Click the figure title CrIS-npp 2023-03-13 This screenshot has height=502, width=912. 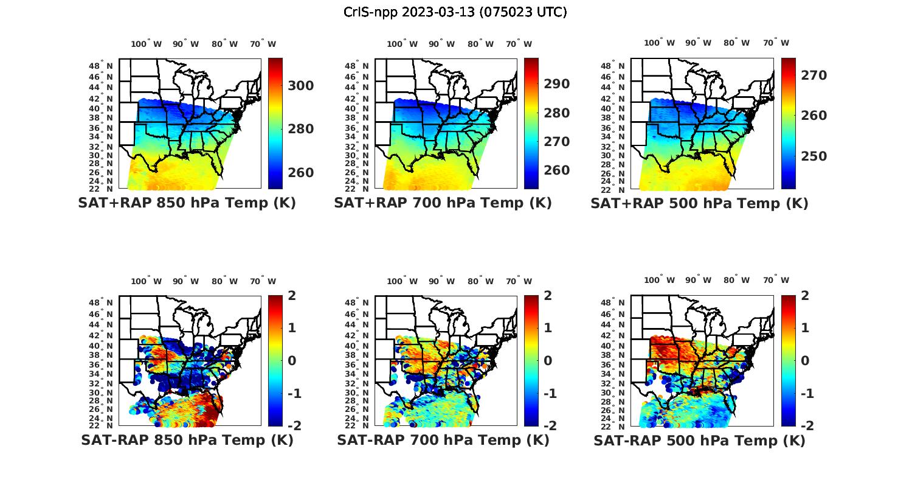point(455,12)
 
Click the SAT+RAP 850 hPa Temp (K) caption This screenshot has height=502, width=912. point(187,203)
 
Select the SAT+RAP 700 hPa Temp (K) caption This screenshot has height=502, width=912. point(443,203)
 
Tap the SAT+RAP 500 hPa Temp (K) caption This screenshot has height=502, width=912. point(699,203)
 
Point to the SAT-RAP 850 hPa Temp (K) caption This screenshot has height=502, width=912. point(187,440)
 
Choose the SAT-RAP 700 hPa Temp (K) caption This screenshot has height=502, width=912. point(443,440)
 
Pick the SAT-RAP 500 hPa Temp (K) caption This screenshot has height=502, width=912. point(699,440)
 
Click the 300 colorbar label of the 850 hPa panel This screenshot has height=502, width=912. point(301,86)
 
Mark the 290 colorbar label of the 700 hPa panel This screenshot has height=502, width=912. point(557,84)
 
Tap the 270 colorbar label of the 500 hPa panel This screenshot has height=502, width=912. point(814,75)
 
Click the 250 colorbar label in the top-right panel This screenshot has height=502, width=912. point(814,156)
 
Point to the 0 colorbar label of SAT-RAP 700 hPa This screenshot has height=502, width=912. point(548,360)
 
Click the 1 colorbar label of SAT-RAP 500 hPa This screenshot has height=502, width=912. point(805,328)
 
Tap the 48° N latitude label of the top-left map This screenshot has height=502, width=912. point(101,66)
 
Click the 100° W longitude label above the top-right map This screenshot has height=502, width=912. point(659,43)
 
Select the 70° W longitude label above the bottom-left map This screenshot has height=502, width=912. point(263,281)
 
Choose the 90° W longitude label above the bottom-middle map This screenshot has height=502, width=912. point(441,281)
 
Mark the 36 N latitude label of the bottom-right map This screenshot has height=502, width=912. point(613,364)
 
